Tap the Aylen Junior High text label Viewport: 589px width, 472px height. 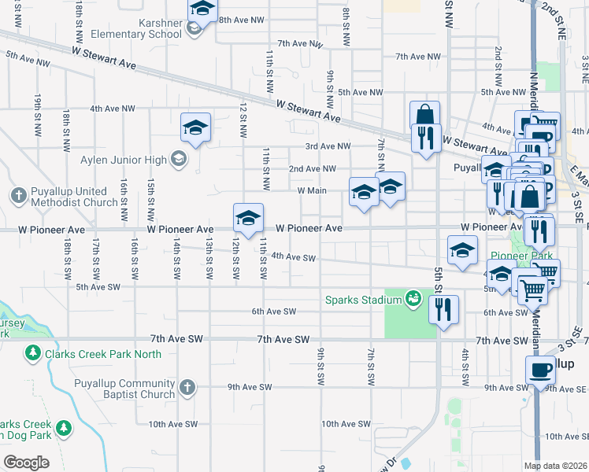pyautogui.click(x=124, y=160)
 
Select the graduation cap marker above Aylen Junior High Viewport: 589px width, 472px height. pyautogui.click(x=195, y=127)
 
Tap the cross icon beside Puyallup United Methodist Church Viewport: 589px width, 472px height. pyautogui.click(x=18, y=194)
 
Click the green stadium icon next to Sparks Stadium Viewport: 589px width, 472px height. pyautogui.click(x=412, y=297)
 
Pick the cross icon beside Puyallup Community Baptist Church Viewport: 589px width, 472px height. pyautogui.click(x=186, y=387)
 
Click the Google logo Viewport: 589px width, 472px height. pyautogui.click(x=26, y=462)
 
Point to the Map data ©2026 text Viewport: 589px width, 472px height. pyautogui.click(x=556, y=466)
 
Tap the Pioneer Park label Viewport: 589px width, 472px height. pyautogui.click(x=520, y=256)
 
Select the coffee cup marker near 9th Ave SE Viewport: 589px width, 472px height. pyautogui.click(x=541, y=369)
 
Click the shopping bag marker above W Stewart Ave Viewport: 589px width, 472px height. pyautogui.click(x=424, y=115)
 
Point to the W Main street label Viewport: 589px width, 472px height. pyautogui.click(x=312, y=190)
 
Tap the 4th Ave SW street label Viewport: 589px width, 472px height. pyautogui.click(x=293, y=257)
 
